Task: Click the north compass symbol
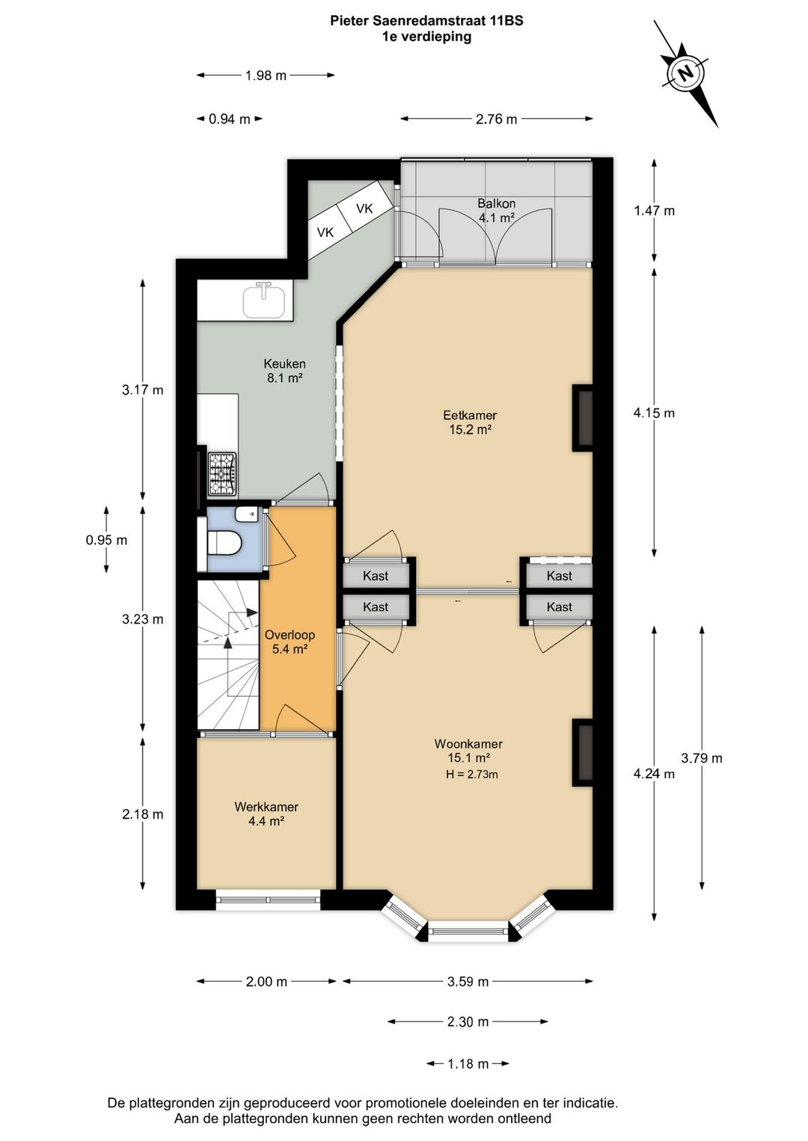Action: coord(685,73)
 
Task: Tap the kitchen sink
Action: coord(264,301)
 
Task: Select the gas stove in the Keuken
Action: coord(222,474)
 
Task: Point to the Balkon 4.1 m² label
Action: coord(497,211)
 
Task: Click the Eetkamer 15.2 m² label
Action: coord(469,422)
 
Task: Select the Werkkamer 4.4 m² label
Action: coord(266,814)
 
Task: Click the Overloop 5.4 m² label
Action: coord(290,642)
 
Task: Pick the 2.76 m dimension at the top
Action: coord(497,119)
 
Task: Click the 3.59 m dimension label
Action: coord(468,982)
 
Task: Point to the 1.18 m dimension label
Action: coord(468,1064)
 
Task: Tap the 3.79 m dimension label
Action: coord(702,758)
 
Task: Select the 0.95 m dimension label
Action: coord(106,540)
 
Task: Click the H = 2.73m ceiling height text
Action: coord(471,775)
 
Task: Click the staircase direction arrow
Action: coord(228,635)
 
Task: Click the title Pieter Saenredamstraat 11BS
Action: coord(426,21)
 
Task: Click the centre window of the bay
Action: coord(468,932)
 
